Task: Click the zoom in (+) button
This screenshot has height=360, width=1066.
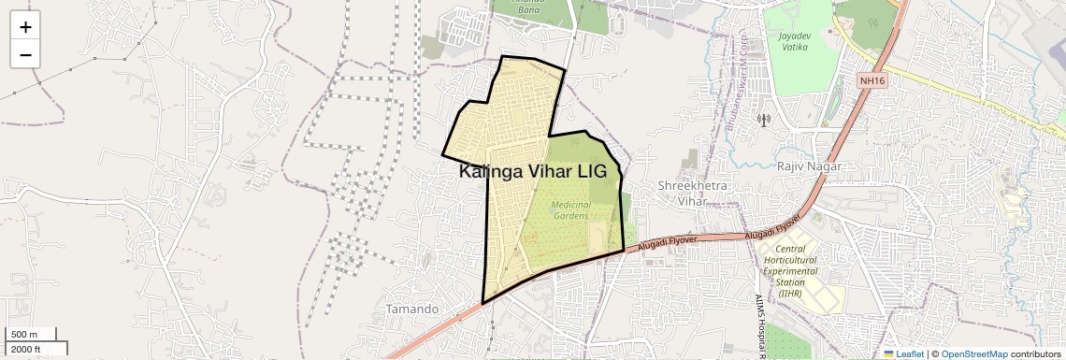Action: tap(25, 27)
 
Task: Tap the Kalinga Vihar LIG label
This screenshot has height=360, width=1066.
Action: tap(532, 172)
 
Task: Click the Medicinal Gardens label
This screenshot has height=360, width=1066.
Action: tap(570, 209)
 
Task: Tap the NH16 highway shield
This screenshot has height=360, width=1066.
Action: tap(872, 81)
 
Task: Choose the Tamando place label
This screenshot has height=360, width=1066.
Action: tap(411, 309)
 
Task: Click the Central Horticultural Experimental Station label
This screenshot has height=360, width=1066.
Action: tap(788, 271)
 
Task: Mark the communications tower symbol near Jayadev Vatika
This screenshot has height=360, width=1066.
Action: tap(763, 120)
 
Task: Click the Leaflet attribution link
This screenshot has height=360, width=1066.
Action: tap(904, 353)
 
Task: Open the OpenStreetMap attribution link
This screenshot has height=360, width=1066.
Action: tap(974, 353)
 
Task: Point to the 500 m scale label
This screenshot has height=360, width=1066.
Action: tap(24, 335)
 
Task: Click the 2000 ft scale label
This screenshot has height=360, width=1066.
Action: tap(26, 349)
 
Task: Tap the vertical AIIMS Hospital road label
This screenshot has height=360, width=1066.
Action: tap(759, 327)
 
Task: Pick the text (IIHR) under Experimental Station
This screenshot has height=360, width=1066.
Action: tap(790, 294)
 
